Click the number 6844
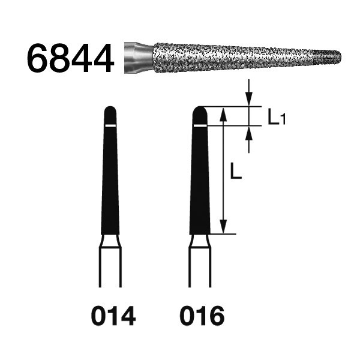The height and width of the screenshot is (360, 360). (x=70, y=59)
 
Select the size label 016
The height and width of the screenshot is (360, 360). (x=200, y=314)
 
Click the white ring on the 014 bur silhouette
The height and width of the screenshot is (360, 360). (x=110, y=125)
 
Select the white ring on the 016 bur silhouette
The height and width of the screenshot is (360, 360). (x=200, y=125)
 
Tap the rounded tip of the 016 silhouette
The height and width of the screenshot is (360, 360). (x=200, y=112)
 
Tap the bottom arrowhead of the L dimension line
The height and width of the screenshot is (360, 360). (x=223, y=228)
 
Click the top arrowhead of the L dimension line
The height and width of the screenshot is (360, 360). (x=223, y=113)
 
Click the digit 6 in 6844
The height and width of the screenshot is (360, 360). (x=38, y=59)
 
